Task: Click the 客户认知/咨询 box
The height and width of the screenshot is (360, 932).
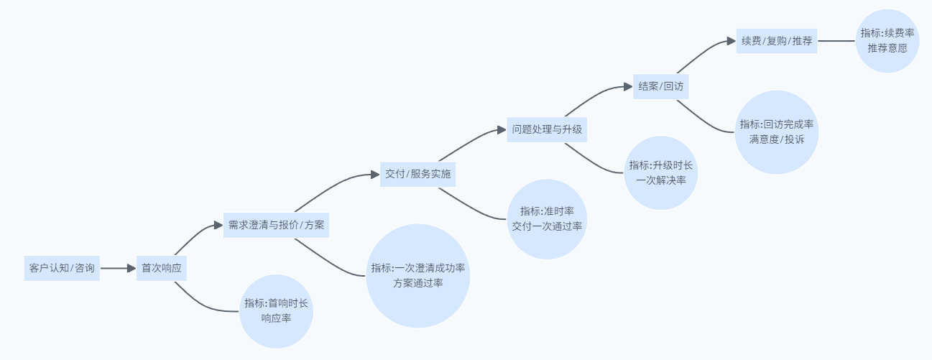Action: tap(62, 268)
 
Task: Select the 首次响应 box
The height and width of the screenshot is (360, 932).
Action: tap(161, 268)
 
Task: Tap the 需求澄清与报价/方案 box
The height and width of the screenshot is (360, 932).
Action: tap(276, 225)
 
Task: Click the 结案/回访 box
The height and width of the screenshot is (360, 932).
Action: tap(660, 86)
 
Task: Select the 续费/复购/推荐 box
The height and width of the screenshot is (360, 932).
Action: tap(777, 41)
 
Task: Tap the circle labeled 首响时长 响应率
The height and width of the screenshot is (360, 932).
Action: tap(277, 310)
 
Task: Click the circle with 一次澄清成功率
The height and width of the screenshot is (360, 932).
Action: tap(417, 275)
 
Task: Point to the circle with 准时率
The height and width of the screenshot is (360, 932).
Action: tap(547, 218)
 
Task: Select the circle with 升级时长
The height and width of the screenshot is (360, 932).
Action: tap(661, 172)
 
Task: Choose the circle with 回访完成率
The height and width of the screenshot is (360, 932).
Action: tap(777, 131)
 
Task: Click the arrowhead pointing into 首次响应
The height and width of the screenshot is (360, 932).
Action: tap(132, 268)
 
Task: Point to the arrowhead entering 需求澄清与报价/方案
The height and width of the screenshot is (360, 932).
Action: tap(219, 225)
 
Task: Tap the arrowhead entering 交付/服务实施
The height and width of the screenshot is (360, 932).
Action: tap(375, 174)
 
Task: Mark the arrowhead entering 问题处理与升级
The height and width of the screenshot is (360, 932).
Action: tap(502, 130)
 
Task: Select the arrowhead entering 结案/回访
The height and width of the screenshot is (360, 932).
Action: tap(628, 86)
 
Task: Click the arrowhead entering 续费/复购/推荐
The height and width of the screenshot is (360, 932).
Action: tap(732, 41)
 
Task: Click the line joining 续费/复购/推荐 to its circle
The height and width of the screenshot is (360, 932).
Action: tap(836, 41)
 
